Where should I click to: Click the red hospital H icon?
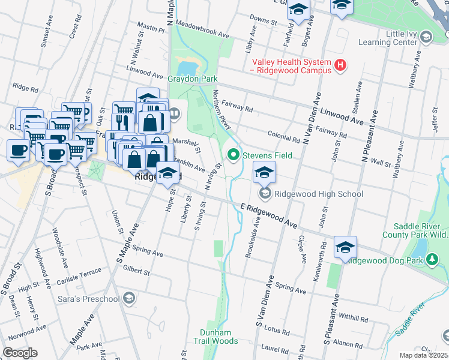[340, 65]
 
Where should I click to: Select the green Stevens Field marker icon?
[232, 156]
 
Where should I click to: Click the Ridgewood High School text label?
[319, 194]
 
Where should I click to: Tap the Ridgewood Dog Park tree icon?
[432, 260]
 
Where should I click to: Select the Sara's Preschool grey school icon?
[128, 298]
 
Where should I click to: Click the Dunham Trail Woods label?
[219, 337]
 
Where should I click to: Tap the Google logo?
[20, 353]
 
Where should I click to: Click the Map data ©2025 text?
[423, 355]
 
